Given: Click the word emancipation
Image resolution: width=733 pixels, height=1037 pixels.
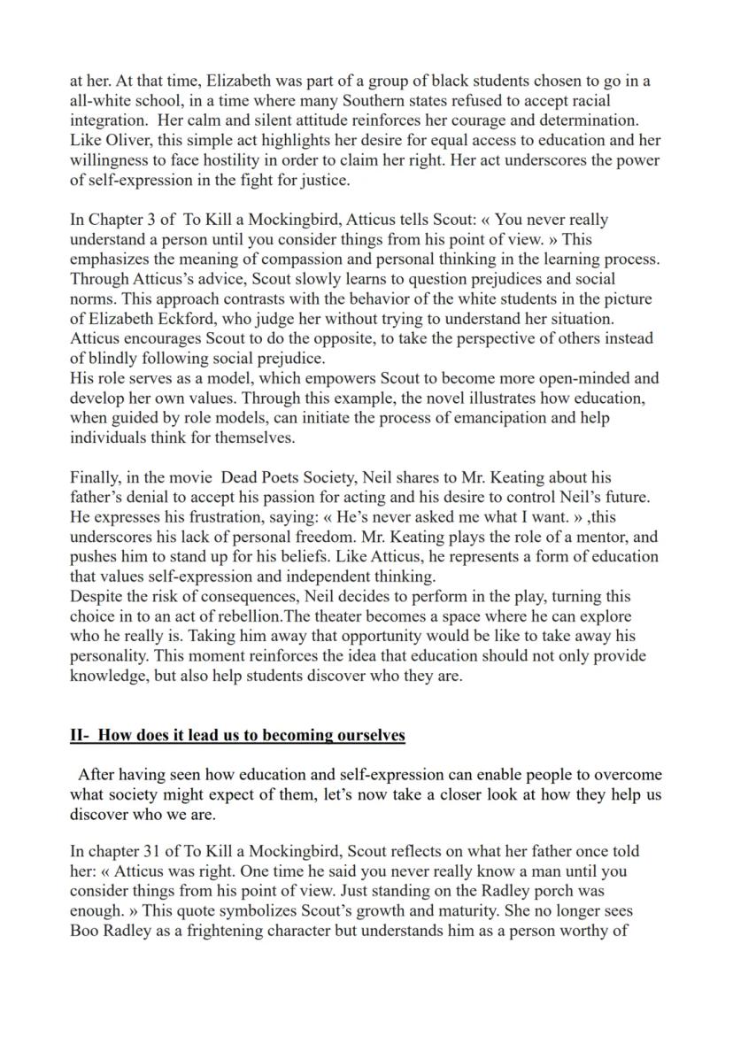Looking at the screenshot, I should pos(481,417).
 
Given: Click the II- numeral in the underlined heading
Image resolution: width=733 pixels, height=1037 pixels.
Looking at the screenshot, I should pos(81,735).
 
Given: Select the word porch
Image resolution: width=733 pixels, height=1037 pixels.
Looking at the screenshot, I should pos(520,891).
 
